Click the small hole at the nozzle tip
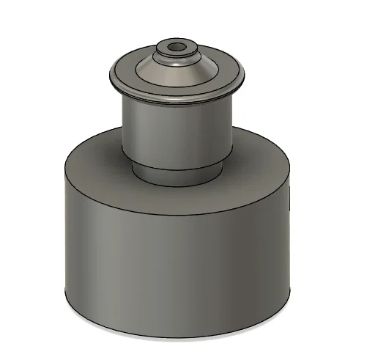[x=176, y=47]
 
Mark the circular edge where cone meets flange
[x=176, y=87]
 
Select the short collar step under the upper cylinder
[x=176, y=174]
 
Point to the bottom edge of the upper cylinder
[x=176, y=166]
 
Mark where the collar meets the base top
[x=176, y=183]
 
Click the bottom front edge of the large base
[x=176, y=337]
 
